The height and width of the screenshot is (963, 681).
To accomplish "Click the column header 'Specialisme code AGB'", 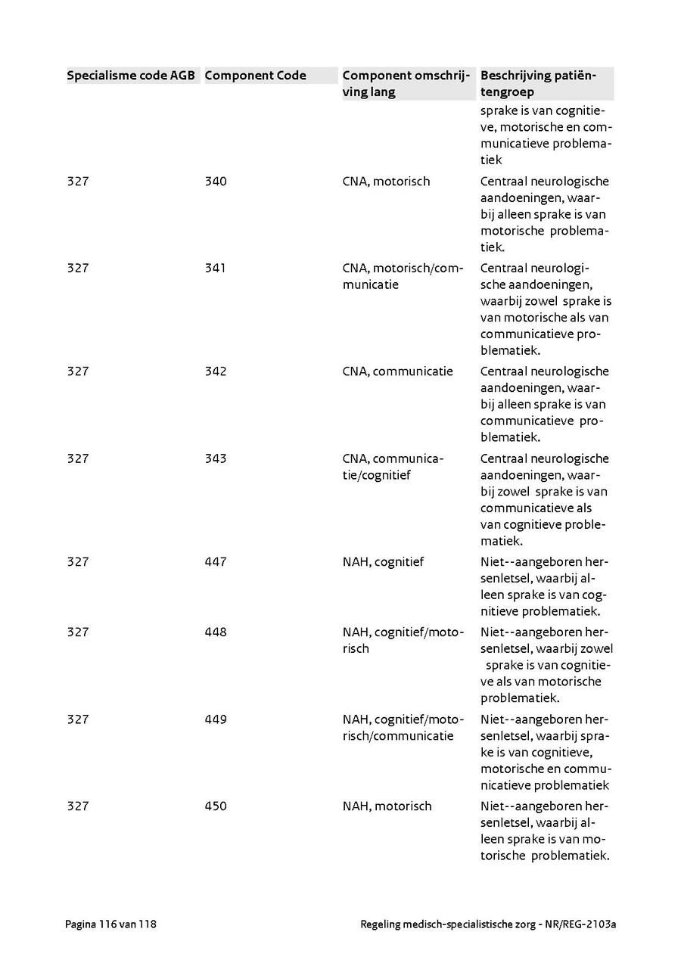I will click(131, 76).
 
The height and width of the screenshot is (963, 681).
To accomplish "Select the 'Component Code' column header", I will click(255, 76).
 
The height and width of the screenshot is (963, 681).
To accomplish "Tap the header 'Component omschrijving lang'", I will click(406, 84).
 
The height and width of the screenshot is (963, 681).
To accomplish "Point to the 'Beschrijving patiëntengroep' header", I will click(538, 84).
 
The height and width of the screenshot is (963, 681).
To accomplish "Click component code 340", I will click(216, 182).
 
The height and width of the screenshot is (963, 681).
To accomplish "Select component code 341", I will click(216, 269).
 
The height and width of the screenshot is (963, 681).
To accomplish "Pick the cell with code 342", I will click(216, 371).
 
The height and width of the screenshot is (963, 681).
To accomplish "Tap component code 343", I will click(216, 458).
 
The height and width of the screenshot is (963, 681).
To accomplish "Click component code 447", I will click(216, 562).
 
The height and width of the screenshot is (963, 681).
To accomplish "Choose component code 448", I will click(216, 632).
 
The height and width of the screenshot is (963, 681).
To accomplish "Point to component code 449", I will click(216, 719).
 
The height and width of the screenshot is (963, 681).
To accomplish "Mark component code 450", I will click(216, 806).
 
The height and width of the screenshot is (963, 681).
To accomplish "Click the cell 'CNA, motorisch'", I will click(386, 182).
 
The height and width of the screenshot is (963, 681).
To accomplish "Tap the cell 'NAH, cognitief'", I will click(383, 562).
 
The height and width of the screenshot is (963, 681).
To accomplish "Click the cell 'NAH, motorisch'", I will click(387, 806).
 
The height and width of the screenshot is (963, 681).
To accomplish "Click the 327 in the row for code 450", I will click(78, 806).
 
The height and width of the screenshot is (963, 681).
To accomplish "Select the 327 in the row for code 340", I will click(78, 182).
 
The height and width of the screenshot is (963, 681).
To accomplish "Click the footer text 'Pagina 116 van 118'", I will click(111, 924).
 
